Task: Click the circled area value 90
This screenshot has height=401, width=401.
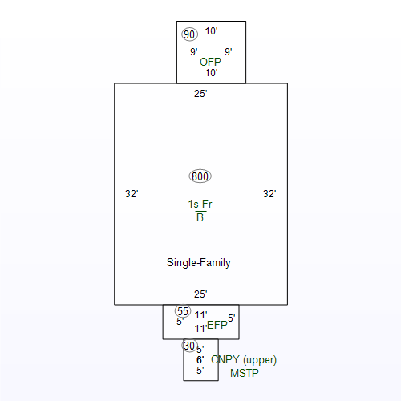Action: [x=189, y=34]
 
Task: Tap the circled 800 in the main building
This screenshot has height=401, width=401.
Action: [x=200, y=176]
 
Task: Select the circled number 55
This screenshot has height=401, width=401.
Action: [x=183, y=311]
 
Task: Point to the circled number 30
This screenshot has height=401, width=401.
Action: [x=189, y=346]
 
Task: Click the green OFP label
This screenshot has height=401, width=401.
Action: [x=210, y=62]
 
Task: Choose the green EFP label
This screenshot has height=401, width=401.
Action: [x=217, y=325]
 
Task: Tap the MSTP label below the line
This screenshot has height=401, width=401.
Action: [x=245, y=373]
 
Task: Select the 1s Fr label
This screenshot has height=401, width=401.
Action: [x=200, y=205]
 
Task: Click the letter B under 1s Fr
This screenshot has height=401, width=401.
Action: [x=200, y=217]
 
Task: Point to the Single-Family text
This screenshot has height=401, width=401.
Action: [x=199, y=262]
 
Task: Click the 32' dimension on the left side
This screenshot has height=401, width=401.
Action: [x=132, y=194]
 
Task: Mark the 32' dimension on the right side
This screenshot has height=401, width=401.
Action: [x=269, y=194]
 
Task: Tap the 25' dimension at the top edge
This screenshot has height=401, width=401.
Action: [x=200, y=94]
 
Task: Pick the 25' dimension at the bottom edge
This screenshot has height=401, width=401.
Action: [x=200, y=294]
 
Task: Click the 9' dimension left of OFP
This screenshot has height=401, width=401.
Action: [x=194, y=52]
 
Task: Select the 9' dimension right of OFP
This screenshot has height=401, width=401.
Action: [x=228, y=52]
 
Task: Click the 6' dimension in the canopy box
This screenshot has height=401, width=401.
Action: [x=200, y=360]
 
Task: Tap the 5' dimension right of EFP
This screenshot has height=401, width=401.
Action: [x=232, y=318]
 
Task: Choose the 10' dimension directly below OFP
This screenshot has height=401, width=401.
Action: [x=211, y=73]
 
